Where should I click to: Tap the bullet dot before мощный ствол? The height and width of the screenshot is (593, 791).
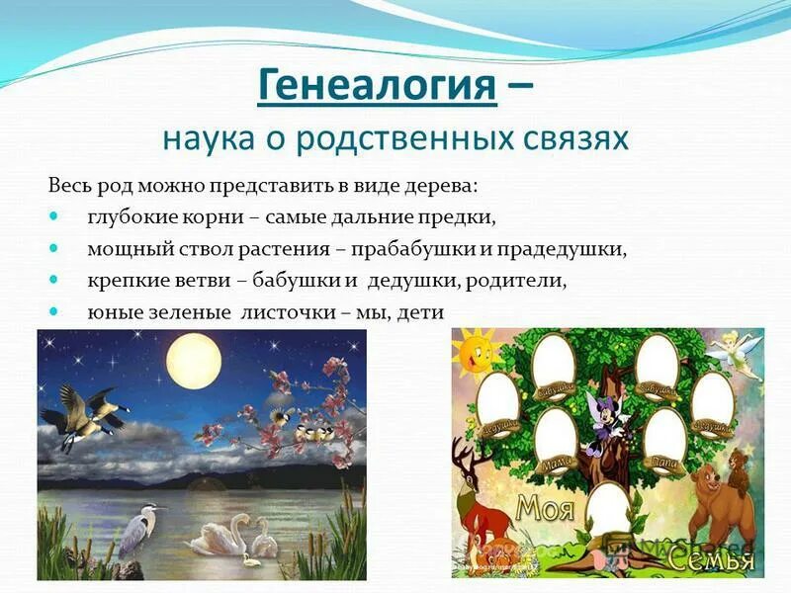54,248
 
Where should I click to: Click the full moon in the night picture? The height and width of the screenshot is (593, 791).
192,362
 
